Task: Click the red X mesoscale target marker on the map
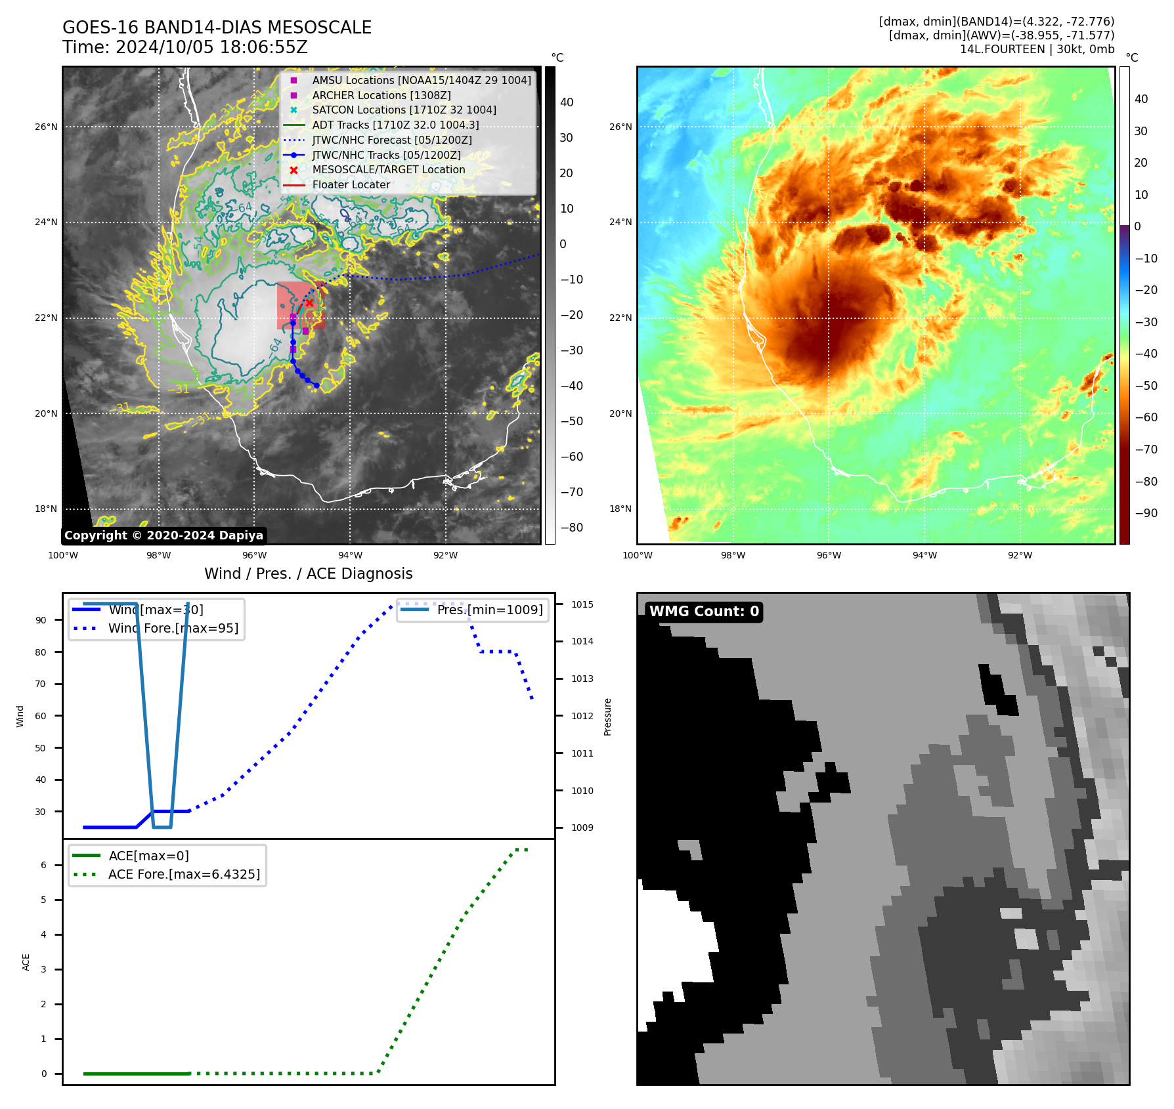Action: pyautogui.click(x=309, y=303)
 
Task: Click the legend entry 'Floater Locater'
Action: pyautogui.click(x=351, y=185)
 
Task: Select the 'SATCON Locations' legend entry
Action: pyautogui.click(x=404, y=110)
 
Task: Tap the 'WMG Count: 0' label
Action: pyautogui.click(x=704, y=612)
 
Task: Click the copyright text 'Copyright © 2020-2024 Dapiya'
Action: pyautogui.click(x=163, y=535)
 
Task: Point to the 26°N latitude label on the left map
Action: pyautogui.click(x=47, y=127)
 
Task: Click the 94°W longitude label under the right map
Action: pyautogui.click(x=924, y=556)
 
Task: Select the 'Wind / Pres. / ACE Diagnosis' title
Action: pyautogui.click(x=309, y=574)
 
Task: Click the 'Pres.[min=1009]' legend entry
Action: pyautogui.click(x=490, y=610)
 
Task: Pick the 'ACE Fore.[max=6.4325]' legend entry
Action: pyautogui.click(x=184, y=875)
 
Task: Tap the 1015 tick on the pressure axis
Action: pyautogui.click(x=582, y=604)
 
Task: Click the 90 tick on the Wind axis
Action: pyautogui.click(x=41, y=620)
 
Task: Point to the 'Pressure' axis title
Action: pyautogui.click(x=608, y=717)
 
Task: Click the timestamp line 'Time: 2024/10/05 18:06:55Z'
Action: pyautogui.click(x=185, y=48)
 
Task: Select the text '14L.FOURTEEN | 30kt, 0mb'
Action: pyautogui.click(x=1037, y=50)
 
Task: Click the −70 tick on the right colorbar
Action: pyautogui.click(x=1146, y=450)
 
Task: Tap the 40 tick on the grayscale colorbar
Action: pyautogui.click(x=567, y=102)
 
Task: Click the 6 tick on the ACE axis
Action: pyautogui.click(x=43, y=865)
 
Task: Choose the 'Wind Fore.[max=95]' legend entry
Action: pyautogui.click(x=173, y=629)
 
